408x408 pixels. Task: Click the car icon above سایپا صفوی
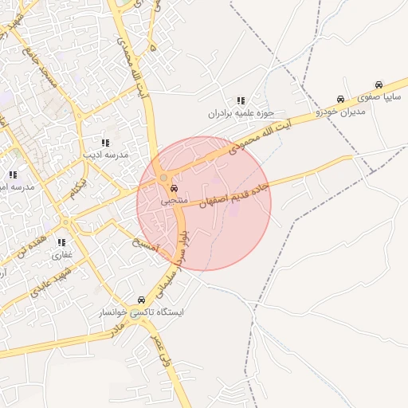(x=379, y=84)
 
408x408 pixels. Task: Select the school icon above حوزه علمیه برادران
(x=240, y=101)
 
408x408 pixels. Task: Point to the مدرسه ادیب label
(x=105, y=155)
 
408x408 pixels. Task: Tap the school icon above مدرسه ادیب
(x=105, y=143)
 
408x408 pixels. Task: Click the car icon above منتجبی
(x=174, y=190)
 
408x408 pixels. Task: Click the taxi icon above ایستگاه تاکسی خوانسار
(x=142, y=300)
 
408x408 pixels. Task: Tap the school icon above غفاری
(x=61, y=243)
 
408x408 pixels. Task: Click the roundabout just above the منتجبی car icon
(x=164, y=177)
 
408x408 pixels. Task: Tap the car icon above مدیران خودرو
(x=340, y=100)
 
